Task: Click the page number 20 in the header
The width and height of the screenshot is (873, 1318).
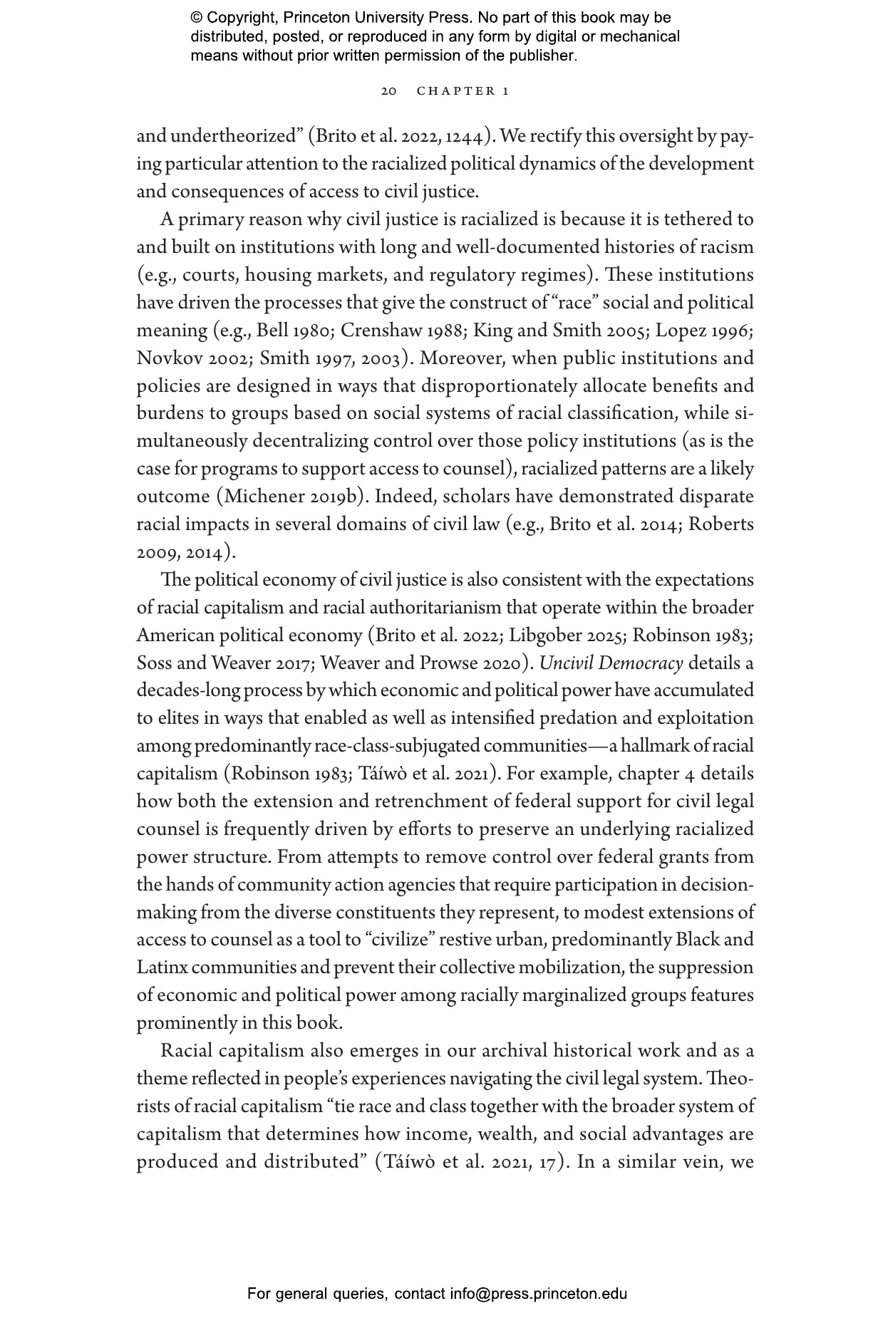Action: click(x=388, y=91)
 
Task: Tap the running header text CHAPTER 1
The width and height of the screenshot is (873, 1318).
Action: click(x=463, y=91)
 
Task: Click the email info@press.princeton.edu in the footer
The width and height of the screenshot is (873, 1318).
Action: click(x=538, y=1293)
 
